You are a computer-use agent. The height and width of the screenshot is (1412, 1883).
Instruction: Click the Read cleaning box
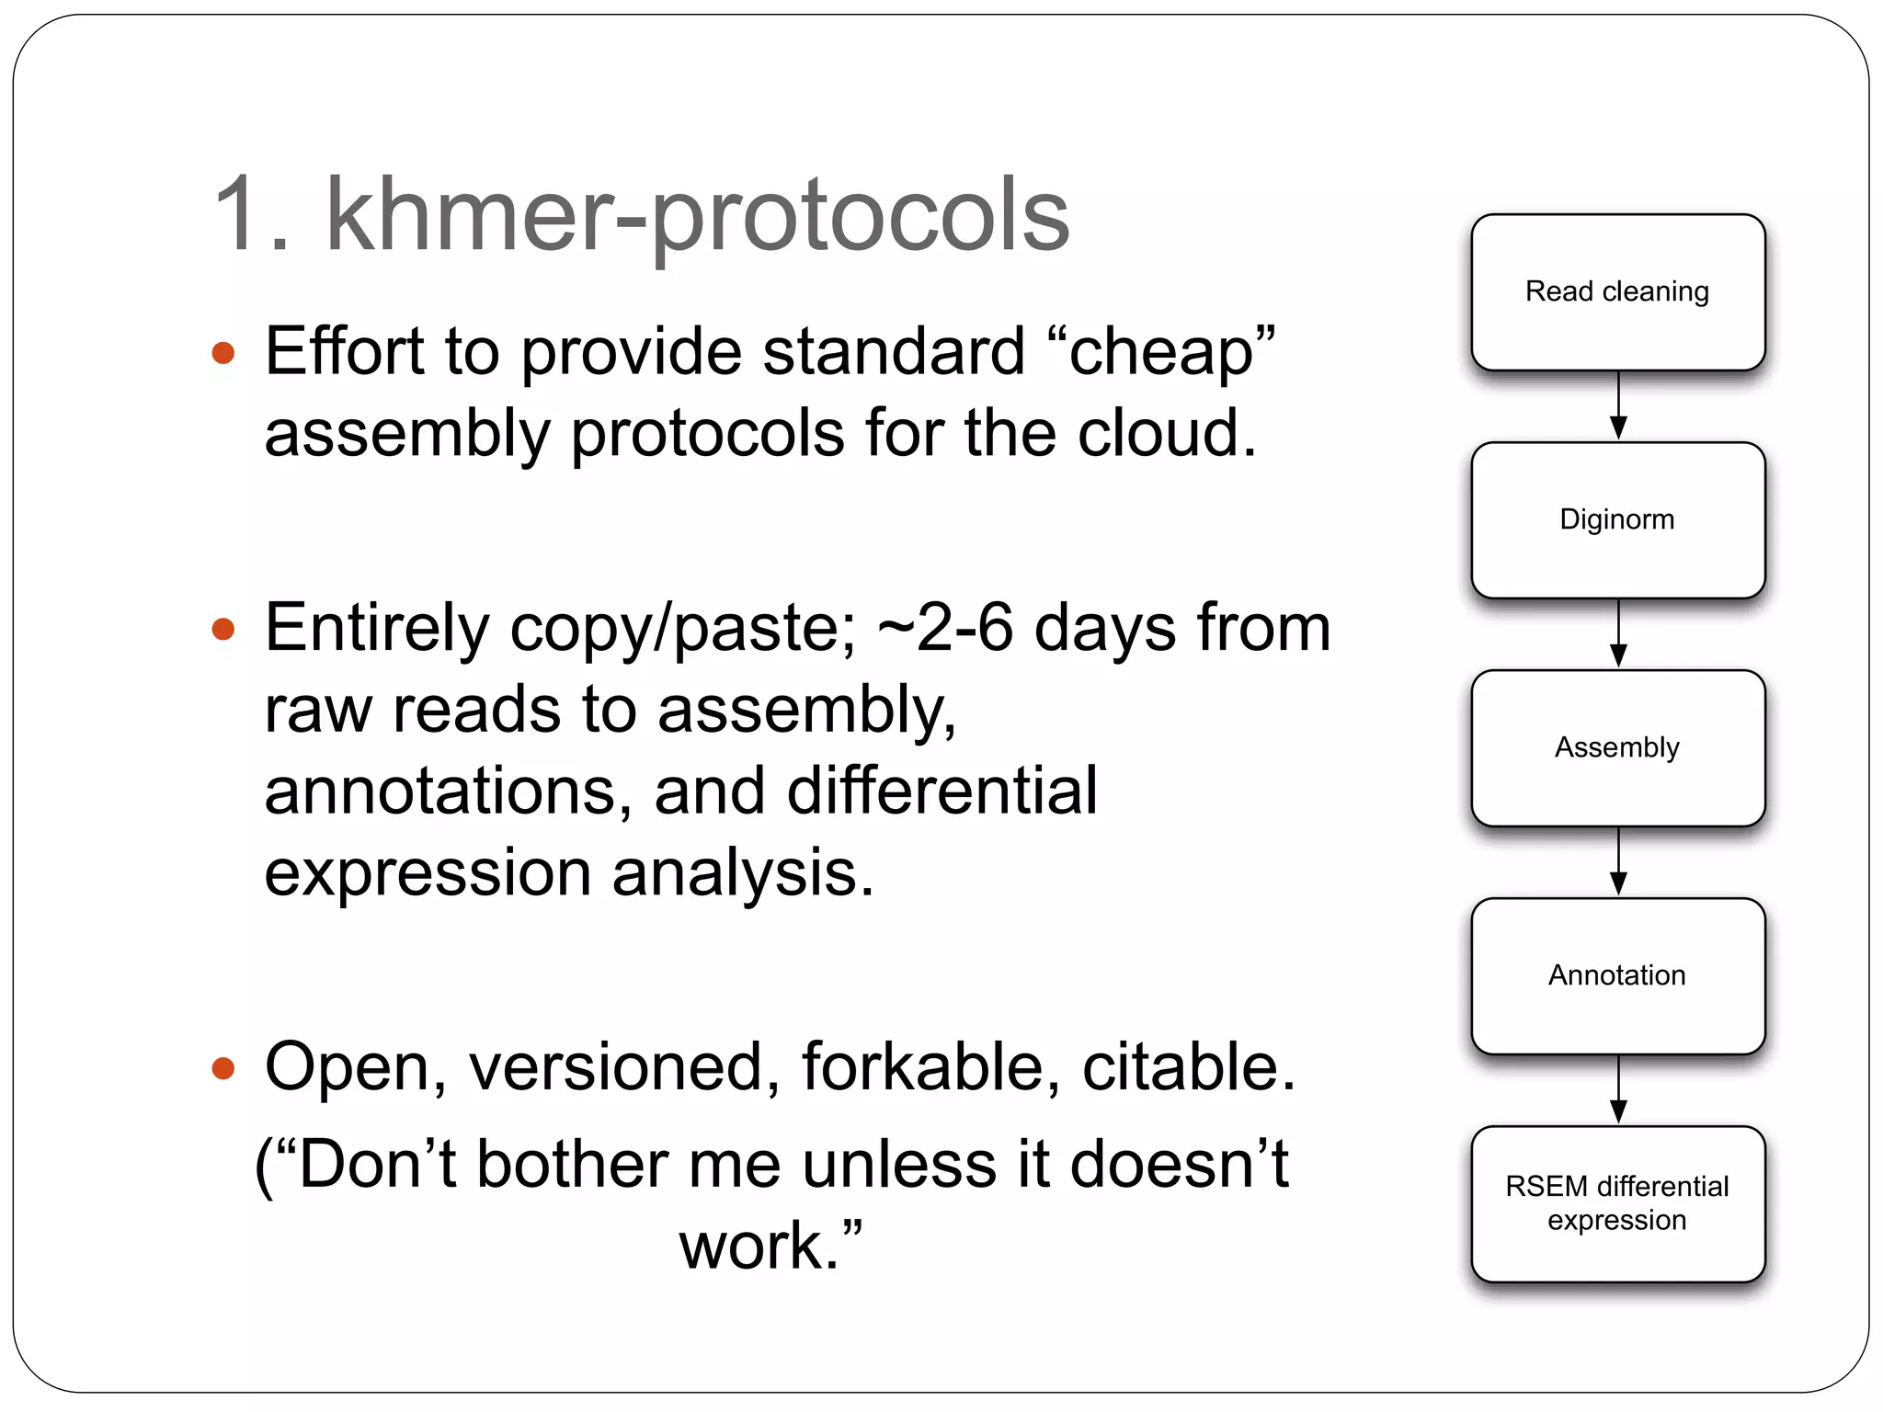(x=1617, y=292)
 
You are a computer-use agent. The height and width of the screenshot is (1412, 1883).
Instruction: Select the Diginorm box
(x=1617, y=520)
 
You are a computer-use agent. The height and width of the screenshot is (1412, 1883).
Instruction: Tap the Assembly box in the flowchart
(x=1617, y=748)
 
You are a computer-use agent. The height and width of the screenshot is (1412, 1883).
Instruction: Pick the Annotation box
(x=1617, y=976)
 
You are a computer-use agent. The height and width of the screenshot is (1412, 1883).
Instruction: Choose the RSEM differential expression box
(x=1617, y=1204)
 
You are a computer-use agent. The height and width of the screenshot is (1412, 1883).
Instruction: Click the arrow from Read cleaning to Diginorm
(x=1618, y=406)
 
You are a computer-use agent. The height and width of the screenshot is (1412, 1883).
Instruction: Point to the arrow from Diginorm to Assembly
(x=1618, y=634)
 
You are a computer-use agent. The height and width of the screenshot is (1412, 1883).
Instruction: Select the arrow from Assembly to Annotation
(x=1618, y=862)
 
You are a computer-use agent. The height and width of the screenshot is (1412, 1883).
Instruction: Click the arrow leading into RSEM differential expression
(x=1618, y=1090)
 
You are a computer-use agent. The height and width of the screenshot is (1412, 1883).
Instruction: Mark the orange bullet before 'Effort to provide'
(x=223, y=353)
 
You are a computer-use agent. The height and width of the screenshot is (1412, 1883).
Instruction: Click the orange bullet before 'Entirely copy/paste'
(x=223, y=630)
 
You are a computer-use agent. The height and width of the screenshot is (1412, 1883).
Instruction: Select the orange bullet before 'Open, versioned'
(x=223, y=1068)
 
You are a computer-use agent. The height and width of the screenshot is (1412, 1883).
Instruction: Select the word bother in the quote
(x=573, y=1166)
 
